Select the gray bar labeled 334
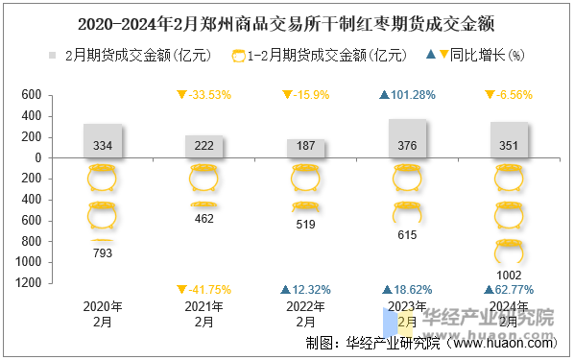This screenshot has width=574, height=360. pos(103,141)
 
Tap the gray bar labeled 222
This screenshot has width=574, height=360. pos(204,146)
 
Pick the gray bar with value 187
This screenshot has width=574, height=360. pos(306,148)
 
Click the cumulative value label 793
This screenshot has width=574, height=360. pos(103,253)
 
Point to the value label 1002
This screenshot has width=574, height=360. pos(509,275)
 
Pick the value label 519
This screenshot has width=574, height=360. pos(306,225)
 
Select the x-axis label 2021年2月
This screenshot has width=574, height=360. pos(204,314)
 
